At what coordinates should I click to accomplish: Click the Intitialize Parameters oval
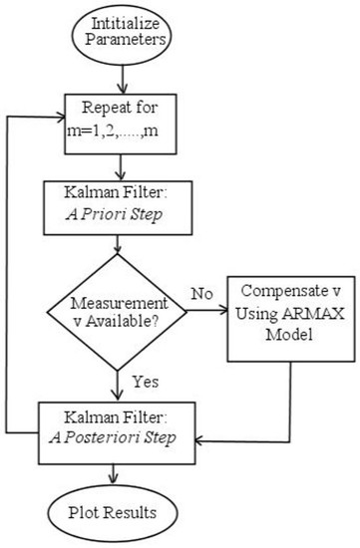click(x=122, y=34)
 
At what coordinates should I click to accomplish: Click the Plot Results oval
click(x=122, y=513)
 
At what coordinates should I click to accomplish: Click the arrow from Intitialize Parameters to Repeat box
click(x=122, y=77)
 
